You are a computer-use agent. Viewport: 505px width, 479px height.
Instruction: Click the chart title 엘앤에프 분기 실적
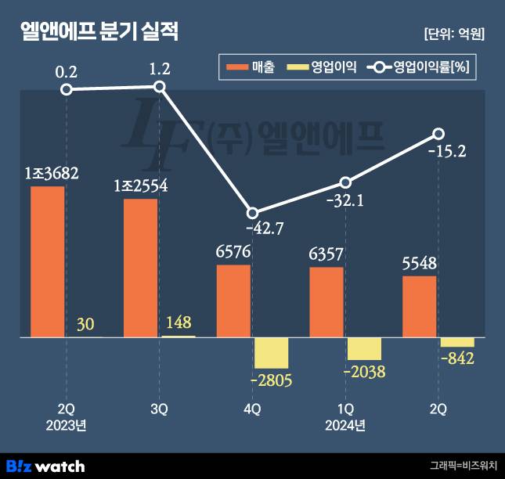[x=99, y=32]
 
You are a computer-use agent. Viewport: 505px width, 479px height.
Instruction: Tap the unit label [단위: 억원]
[x=453, y=34]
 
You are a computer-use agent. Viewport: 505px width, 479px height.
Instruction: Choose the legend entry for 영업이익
[x=322, y=68]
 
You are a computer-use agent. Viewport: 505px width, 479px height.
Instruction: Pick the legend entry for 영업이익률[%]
[x=419, y=68]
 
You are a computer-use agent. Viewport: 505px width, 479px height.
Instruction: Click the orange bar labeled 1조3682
[x=48, y=261]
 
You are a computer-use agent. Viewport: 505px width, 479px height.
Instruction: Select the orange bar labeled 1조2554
[x=141, y=268]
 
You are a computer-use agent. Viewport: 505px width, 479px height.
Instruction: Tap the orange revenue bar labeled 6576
[x=233, y=301]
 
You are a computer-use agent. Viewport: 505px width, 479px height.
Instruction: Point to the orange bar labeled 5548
[x=420, y=306]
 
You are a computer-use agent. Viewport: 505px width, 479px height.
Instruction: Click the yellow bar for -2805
[x=272, y=353]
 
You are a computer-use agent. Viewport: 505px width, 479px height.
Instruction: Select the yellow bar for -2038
[x=364, y=348]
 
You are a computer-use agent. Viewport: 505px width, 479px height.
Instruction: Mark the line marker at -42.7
[x=252, y=213]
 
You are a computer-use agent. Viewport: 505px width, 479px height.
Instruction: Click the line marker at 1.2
[x=160, y=87]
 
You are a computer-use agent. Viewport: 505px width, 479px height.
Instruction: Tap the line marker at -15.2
[x=439, y=134]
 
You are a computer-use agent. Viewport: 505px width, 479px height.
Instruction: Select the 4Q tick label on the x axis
[x=252, y=409]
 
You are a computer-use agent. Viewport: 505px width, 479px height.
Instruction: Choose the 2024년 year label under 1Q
[x=345, y=425]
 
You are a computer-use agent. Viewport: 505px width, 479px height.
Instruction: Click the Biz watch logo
[x=45, y=466]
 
